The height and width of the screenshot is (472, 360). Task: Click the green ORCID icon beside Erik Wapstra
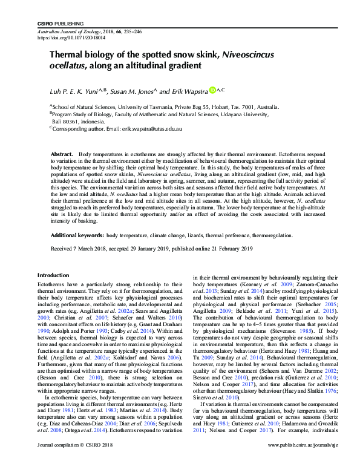click(212, 90)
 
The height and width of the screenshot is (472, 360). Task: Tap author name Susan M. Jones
click(133, 91)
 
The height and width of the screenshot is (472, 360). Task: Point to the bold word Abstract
click(62, 156)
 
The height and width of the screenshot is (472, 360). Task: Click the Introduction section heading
click(54, 275)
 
